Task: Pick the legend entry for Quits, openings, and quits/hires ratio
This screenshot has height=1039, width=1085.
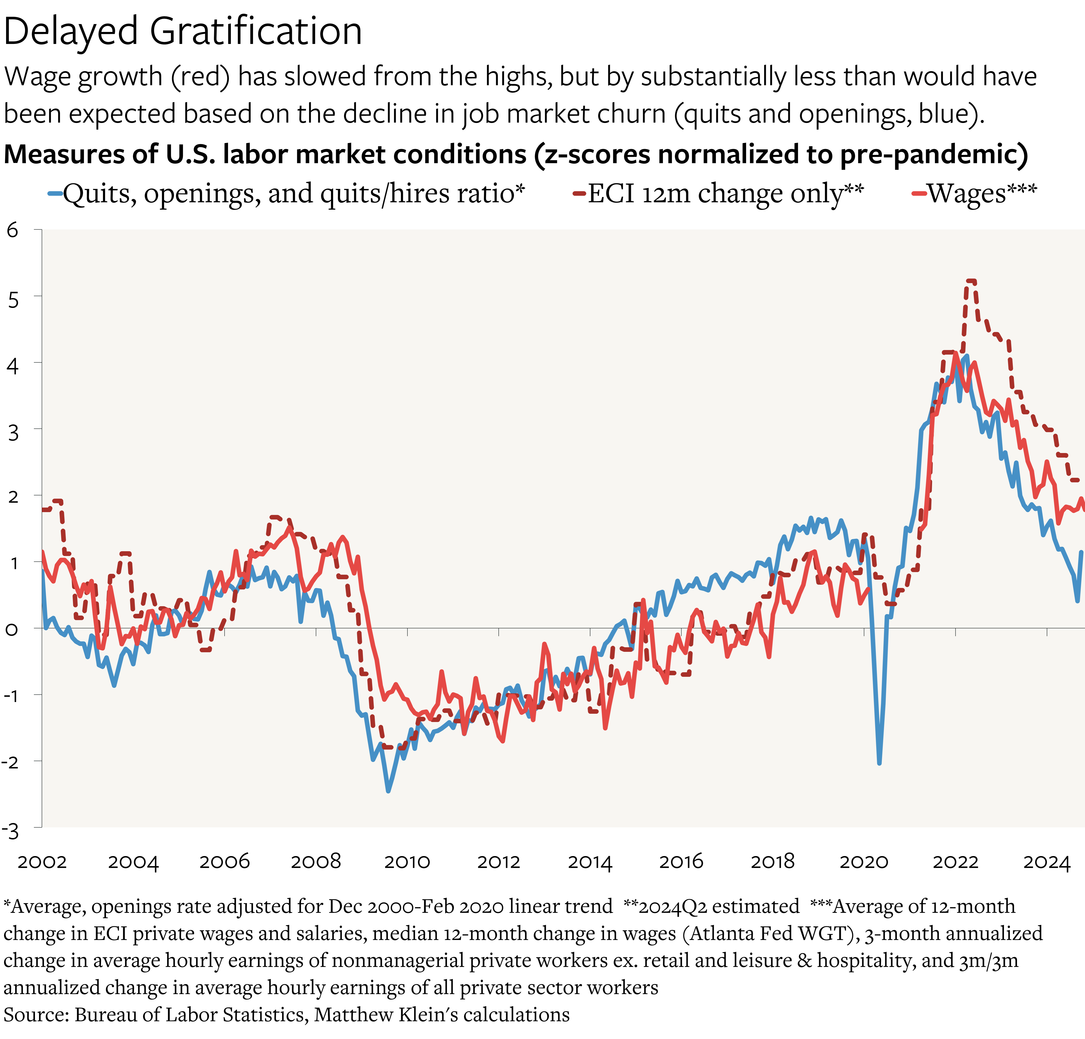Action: coord(293,194)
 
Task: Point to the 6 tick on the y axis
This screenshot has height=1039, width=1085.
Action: coord(12,230)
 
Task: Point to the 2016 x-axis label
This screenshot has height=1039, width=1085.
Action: coord(681,862)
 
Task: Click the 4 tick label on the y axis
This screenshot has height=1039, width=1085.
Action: coord(12,365)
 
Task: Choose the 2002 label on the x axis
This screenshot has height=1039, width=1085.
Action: coord(42,862)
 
